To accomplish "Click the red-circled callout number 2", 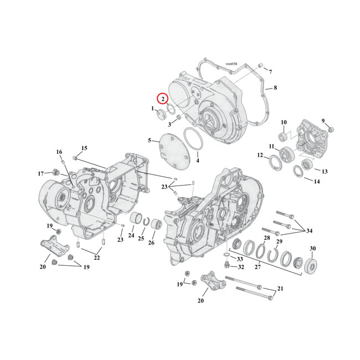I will (163, 99).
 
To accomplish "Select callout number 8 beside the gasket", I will (275, 88).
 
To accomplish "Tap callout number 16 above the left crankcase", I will (59, 152).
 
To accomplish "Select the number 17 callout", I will (40, 173).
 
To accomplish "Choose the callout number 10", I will (283, 122).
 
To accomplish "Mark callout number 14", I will (317, 181).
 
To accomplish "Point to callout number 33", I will (240, 259).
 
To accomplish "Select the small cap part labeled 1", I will (160, 114).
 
